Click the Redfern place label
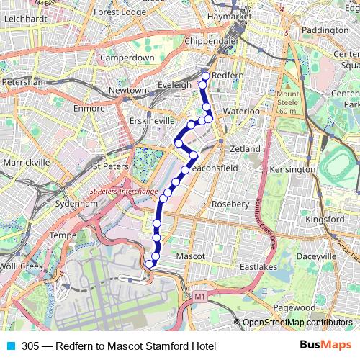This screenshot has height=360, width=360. tap(230, 76)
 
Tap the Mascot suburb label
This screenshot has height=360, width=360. tap(191, 256)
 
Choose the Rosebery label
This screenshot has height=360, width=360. tap(231, 204)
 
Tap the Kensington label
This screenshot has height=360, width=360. tap(292, 169)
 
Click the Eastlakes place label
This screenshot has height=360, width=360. tap(258, 266)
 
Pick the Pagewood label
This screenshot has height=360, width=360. tap(293, 307)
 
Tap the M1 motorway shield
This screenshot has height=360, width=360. tap(199, 296)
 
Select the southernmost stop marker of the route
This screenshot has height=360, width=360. tap(150, 264)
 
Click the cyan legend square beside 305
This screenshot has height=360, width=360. tap(10, 346)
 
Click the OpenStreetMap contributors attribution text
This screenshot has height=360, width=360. tap(297, 323)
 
